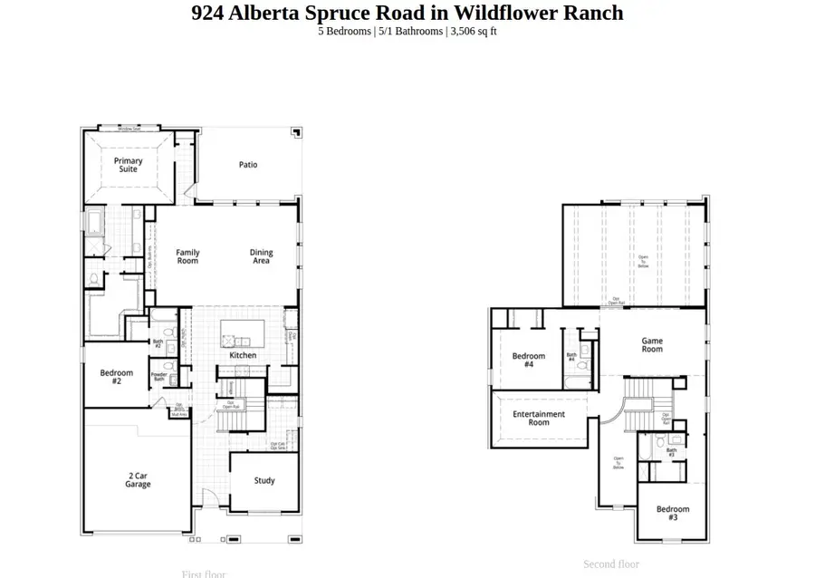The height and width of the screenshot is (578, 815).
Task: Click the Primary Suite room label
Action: click(x=128, y=165)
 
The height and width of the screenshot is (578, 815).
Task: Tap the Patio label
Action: click(x=248, y=165)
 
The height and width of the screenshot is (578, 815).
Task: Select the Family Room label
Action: click(x=187, y=257)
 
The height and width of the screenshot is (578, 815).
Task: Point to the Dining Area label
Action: click(x=262, y=257)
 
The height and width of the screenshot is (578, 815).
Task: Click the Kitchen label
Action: click(x=243, y=355)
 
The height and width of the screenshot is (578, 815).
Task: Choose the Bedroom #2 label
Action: click(x=116, y=377)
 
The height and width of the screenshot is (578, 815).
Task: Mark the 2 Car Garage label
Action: click(x=138, y=480)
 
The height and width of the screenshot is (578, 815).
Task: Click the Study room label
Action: click(x=264, y=481)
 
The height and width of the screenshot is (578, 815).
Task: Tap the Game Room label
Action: click(x=652, y=345)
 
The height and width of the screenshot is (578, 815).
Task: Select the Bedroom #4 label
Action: click(x=529, y=361)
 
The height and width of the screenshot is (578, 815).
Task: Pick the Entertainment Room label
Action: click(x=539, y=419)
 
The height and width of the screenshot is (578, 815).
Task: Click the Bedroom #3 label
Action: click(x=673, y=513)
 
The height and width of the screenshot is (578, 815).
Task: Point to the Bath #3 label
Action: click(x=672, y=451)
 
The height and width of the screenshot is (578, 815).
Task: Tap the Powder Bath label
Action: click(x=158, y=377)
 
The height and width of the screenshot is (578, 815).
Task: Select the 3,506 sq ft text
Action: click(x=474, y=32)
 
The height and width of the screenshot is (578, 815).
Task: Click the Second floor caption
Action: click(x=611, y=564)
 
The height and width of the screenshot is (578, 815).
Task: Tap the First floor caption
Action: click(x=204, y=573)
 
